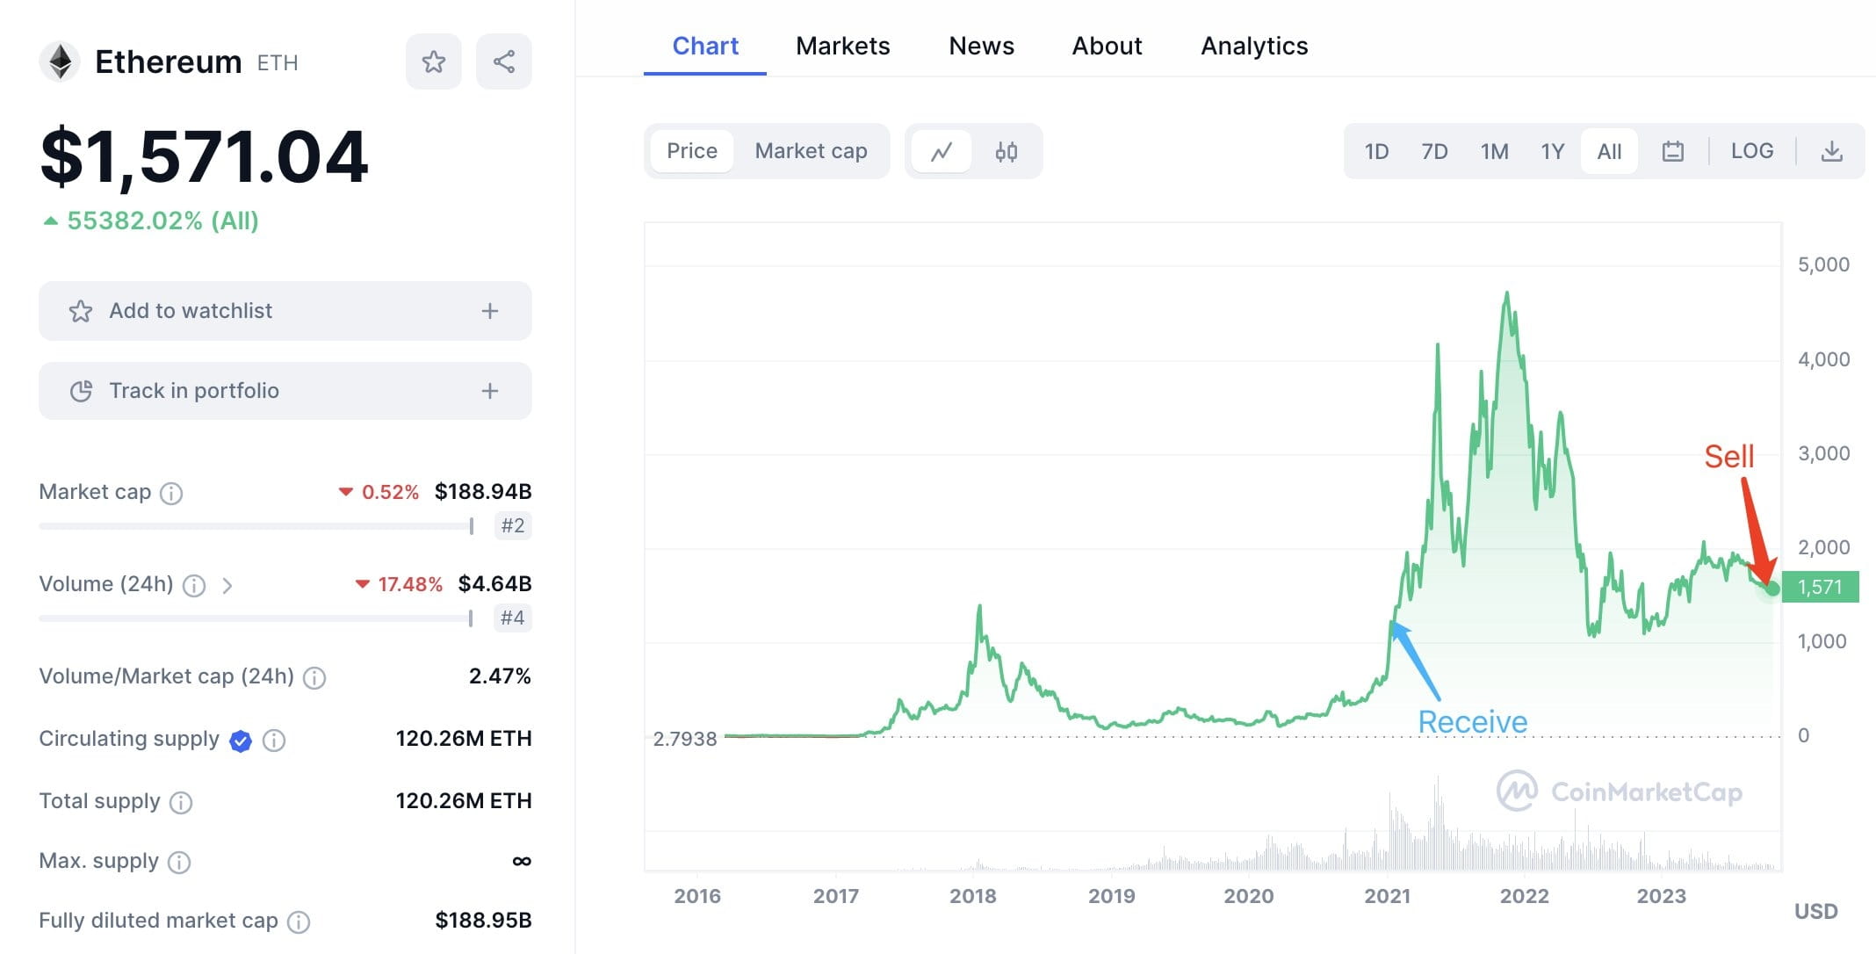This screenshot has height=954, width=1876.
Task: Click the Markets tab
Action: (x=842, y=46)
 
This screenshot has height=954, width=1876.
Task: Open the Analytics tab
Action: (x=1253, y=46)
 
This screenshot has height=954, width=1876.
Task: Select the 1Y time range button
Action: (x=1552, y=151)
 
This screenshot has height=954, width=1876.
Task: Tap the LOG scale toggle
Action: (x=1751, y=151)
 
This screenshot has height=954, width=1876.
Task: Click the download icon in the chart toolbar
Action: (x=1831, y=151)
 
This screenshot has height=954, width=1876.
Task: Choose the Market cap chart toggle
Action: (x=811, y=151)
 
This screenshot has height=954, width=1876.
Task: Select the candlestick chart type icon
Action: (x=1006, y=152)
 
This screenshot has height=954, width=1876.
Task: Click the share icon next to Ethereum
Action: (x=503, y=61)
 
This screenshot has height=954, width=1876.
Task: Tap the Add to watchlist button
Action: (x=285, y=311)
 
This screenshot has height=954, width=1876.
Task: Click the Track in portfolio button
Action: (x=285, y=391)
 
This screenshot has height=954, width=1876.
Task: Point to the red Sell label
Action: (x=1728, y=456)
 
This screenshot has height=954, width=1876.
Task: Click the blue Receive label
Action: (x=1472, y=721)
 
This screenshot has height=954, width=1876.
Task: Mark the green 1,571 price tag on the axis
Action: (x=1819, y=587)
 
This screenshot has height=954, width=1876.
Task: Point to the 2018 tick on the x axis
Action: (x=972, y=895)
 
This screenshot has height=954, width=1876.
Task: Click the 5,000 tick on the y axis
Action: (x=1822, y=264)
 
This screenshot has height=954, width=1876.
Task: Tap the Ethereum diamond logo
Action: (x=60, y=61)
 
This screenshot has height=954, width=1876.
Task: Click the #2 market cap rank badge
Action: (x=512, y=525)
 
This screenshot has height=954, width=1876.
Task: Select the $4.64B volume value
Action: (x=494, y=583)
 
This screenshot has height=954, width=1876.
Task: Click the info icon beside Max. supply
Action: (x=179, y=862)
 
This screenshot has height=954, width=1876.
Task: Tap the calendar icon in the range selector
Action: (x=1672, y=151)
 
